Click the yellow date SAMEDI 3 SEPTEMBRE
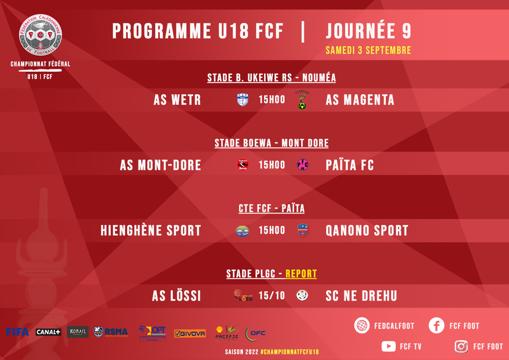point(368,50)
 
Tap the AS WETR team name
point(177,100)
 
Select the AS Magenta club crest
point(302,100)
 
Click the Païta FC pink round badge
point(303,165)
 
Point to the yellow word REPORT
point(301,274)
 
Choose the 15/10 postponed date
point(272,295)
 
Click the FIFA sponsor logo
point(17,332)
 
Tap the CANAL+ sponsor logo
point(48,332)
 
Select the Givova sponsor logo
point(190,333)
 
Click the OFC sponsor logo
point(255,333)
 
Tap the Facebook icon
point(437,326)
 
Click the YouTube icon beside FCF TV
point(389,347)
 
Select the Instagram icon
point(461,347)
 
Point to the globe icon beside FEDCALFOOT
point(362,326)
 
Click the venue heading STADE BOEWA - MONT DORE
point(272,143)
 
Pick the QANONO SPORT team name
point(367,230)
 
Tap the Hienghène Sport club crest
point(242,230)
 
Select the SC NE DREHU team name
point(361,295)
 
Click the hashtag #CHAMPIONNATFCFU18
point(290,352)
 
